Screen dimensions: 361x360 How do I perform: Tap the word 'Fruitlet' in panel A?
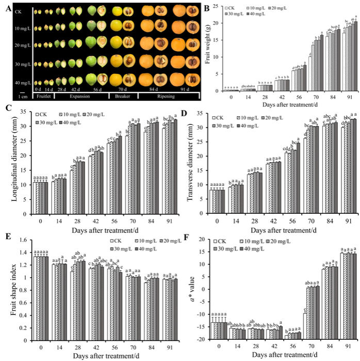click(x=42, y=96)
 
